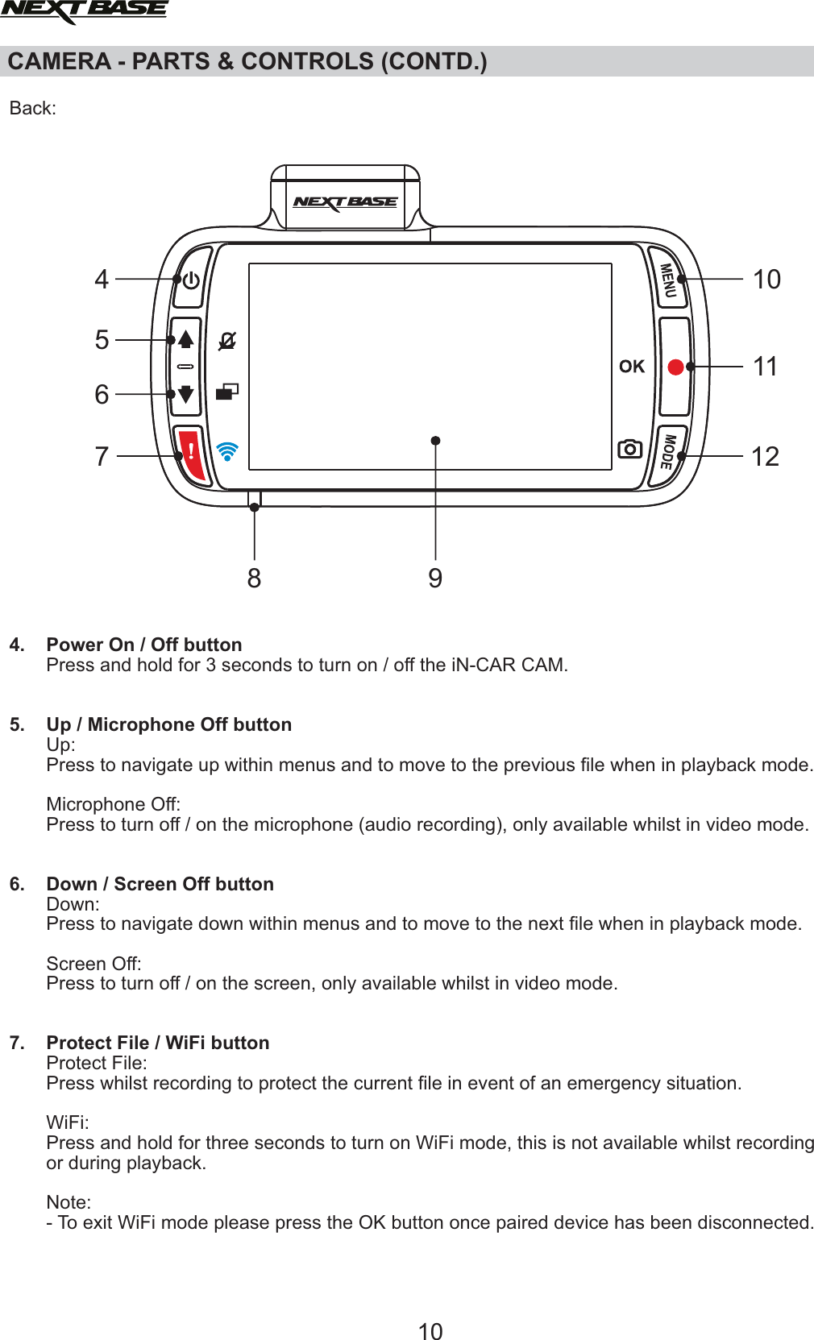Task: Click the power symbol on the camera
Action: click(x=191, y=280)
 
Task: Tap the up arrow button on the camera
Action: click(x=186, y=339)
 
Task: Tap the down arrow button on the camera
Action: click(x=186, y=394)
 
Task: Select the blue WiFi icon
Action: click(x=228, y=451)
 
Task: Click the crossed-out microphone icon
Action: click(x=227, y=341)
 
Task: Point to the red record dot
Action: click(x=676, y=367)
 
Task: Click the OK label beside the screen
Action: click(x=632, y=367)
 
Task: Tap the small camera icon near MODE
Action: click(x=629, y=449)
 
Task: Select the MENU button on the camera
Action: click(x=668, y=280)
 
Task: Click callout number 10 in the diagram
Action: click(x=766, y=280)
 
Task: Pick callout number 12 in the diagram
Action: click(x=765, y=457)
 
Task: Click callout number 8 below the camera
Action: click(x=254, y=579)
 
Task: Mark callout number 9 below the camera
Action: click(x=435, y=579)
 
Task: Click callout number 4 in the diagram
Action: click(x=102, y=280)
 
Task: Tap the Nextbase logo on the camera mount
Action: click(x=345, y=201)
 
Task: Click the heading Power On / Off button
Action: click(x=144, y=645)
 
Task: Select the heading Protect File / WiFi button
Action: click(x=158, y=1043)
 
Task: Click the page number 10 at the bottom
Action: click(x=430, y=1331)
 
